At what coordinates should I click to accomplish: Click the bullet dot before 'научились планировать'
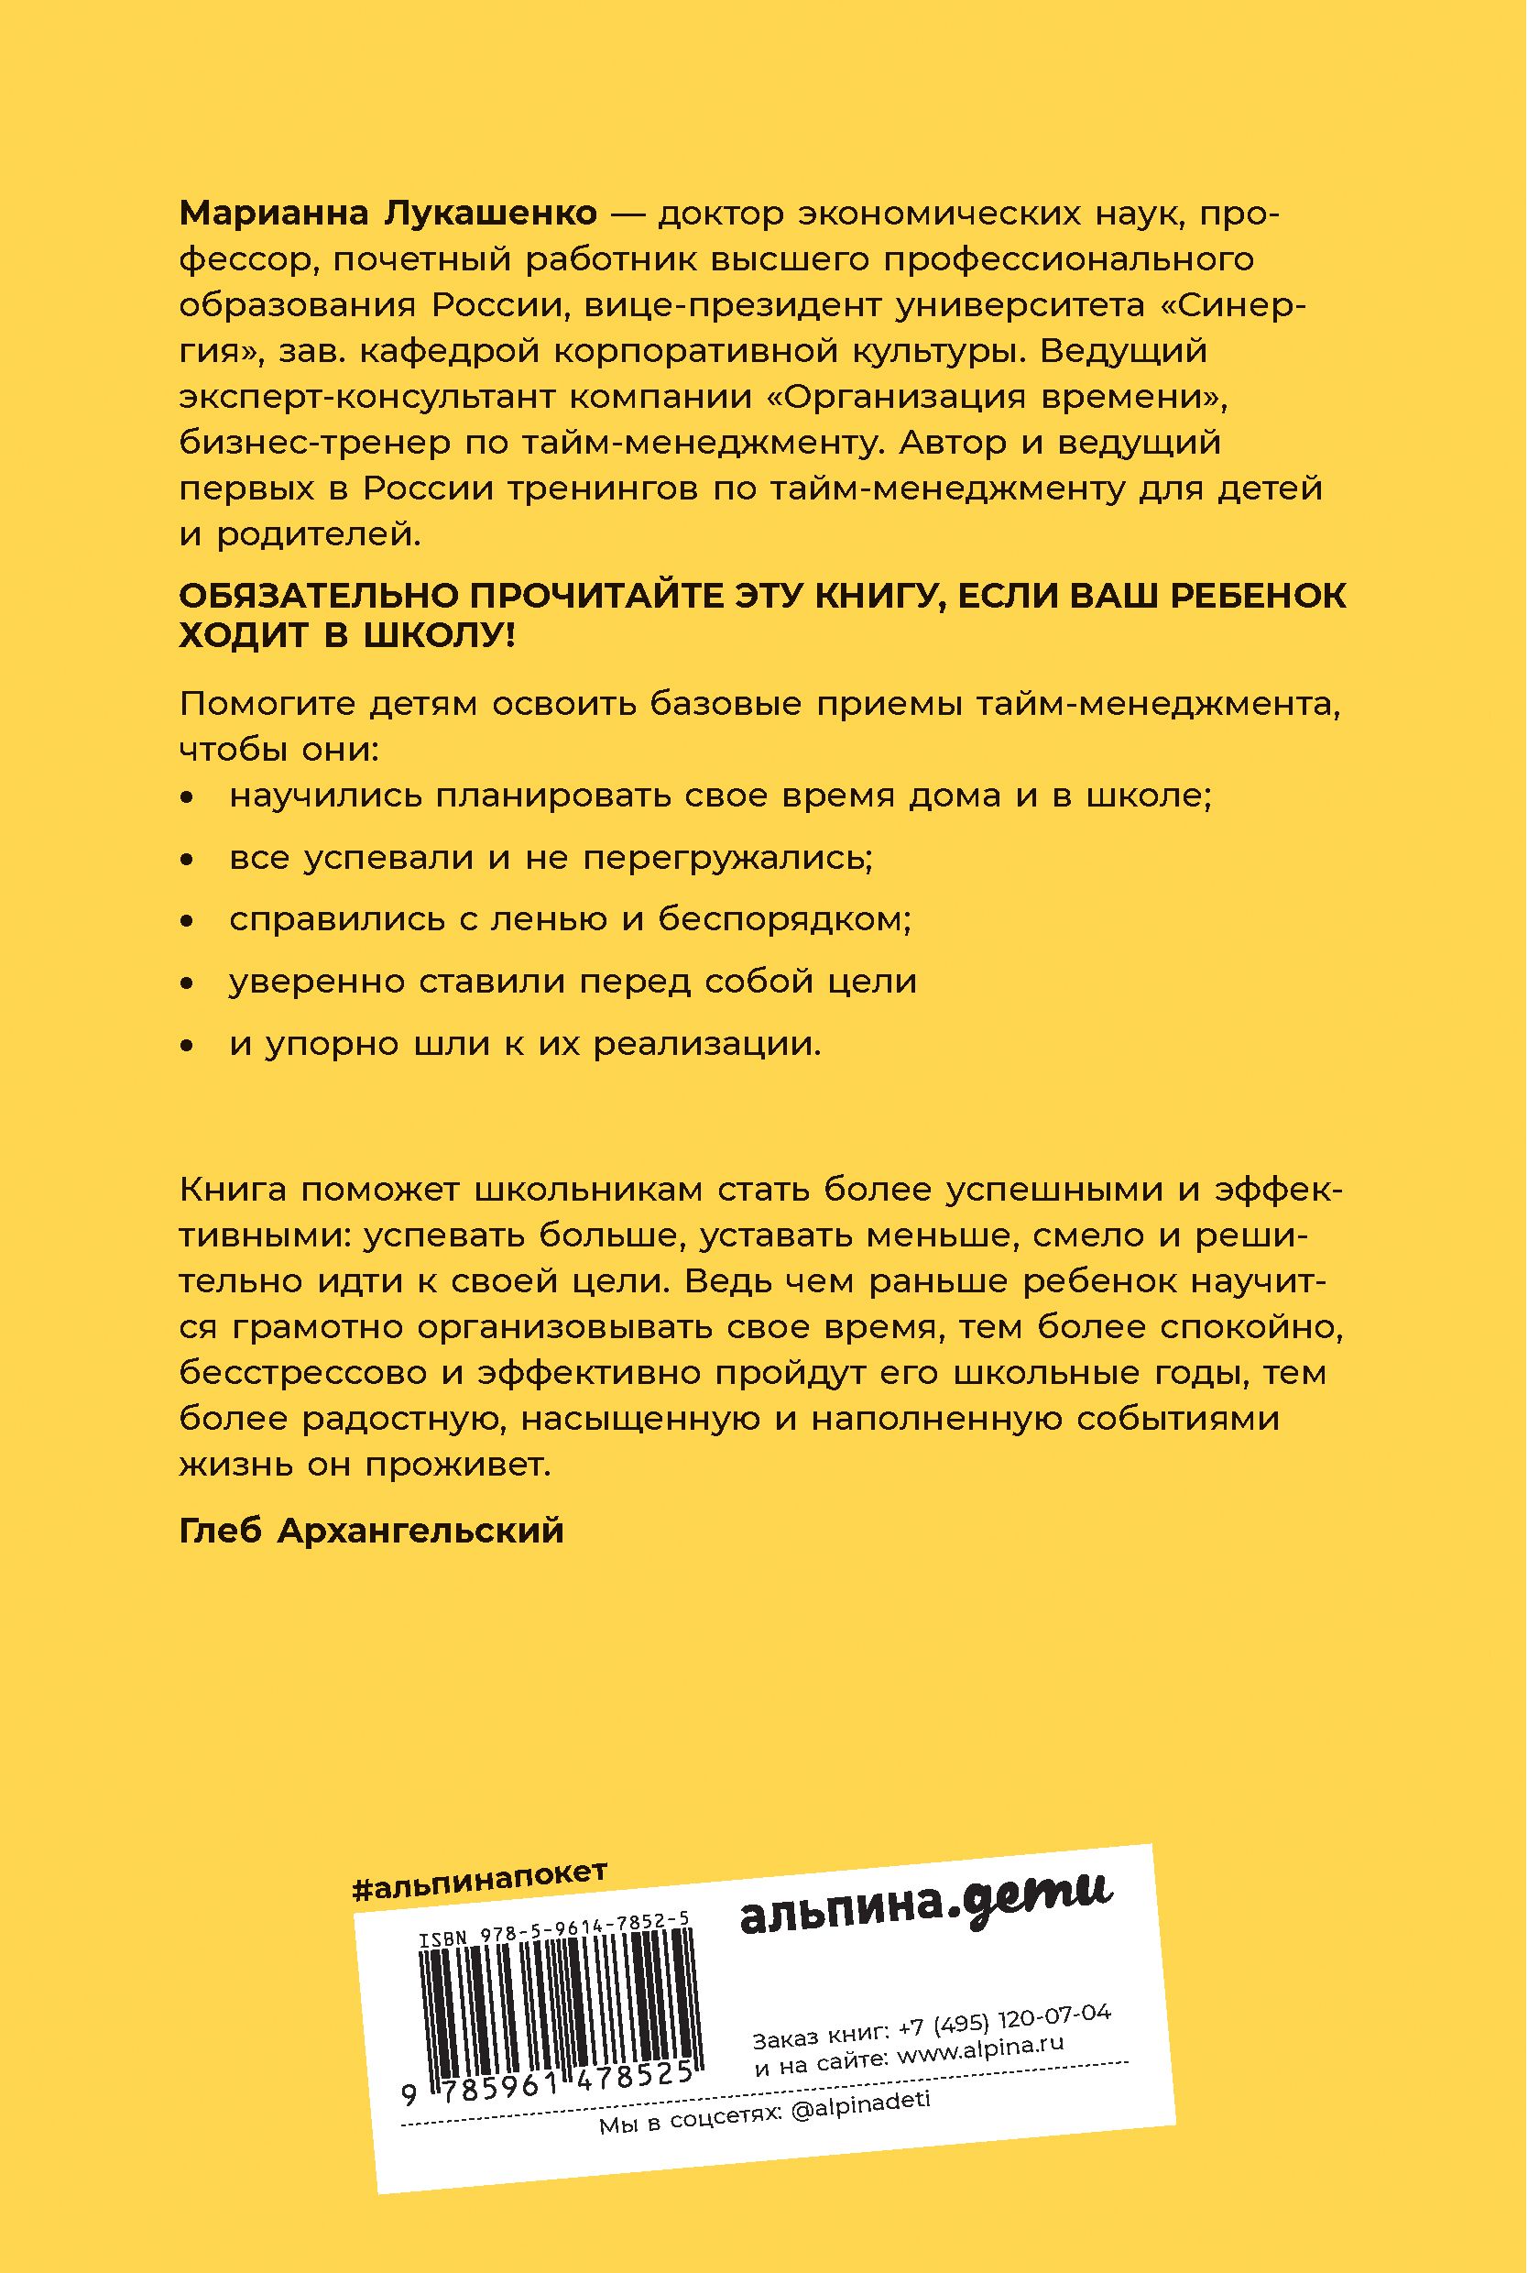188,798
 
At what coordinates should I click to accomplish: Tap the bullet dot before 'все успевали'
188,860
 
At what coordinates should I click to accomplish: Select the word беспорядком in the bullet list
784,919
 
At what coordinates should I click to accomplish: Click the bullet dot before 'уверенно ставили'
188,983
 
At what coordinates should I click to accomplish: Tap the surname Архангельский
421,1532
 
